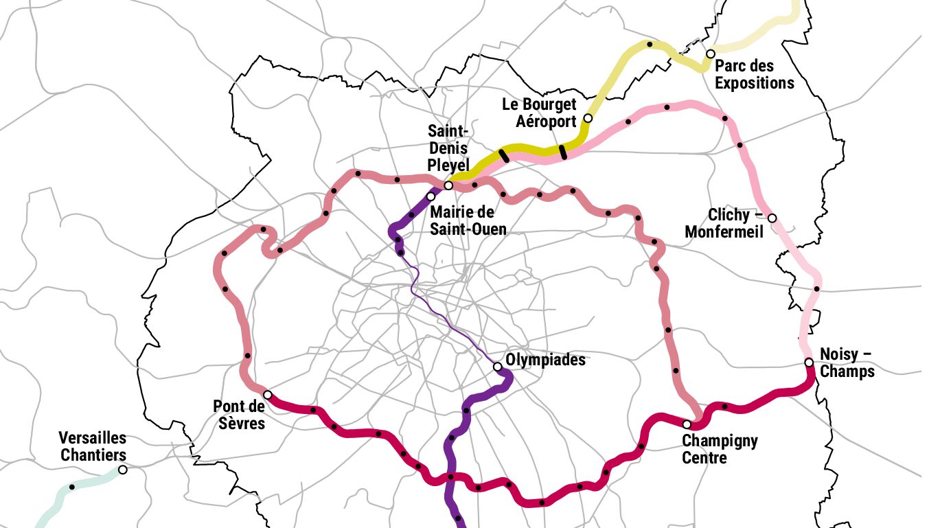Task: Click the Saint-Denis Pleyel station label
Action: [x=448, y=148]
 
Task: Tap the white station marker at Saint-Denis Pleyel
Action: [x=448, y=185]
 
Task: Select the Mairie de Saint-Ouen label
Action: [x=468, y=220]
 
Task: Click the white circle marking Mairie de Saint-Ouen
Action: [x=431, y=196]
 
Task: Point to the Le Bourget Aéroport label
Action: [x=539, y=113]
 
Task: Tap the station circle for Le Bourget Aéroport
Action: [x=588, y=119]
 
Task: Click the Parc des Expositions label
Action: [x=754, y=75]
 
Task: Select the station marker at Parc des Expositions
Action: [x=711, y=54]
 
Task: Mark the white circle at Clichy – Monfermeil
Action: [x=772, y=218]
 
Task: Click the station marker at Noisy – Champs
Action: [x=809, y=363]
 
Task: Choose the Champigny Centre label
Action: [x=720, y=449]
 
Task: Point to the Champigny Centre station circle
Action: [x=687, y=424]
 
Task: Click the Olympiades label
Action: [x=545, y=360]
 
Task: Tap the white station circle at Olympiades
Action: [x=498, y=367]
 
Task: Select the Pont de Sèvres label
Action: [x=239, y=415]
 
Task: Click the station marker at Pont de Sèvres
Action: [x=268, y=395]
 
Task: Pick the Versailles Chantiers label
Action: [x=93, y=446]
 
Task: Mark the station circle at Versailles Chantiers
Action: [x=123, y=470]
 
